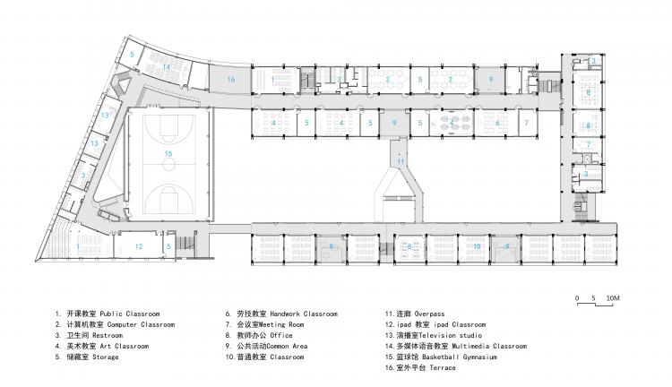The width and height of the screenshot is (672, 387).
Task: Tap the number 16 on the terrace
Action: click(x=230, y=81)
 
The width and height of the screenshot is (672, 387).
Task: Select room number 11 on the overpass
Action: click(x=401, y=160)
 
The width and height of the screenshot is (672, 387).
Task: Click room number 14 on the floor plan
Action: click(x=167, y=67)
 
